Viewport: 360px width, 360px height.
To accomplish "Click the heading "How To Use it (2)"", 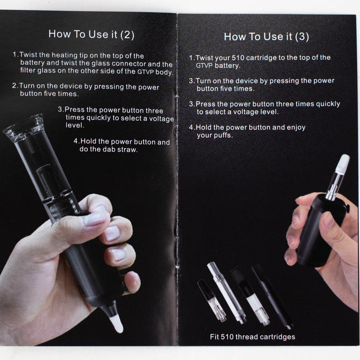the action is point(92,34).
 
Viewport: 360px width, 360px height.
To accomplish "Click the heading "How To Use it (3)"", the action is point(266,37).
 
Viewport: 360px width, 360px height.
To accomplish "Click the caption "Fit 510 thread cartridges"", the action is point(253,337).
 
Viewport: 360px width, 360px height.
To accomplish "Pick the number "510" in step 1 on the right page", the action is point(238,58).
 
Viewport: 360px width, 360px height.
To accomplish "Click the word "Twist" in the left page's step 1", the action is point(28,55).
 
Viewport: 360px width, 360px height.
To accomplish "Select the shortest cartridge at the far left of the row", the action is point(211,300).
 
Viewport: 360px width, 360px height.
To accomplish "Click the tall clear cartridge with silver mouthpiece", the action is point(226,293).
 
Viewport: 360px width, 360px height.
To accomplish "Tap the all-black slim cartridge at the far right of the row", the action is point(272,297).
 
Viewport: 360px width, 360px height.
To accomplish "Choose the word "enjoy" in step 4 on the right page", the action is point(296,128).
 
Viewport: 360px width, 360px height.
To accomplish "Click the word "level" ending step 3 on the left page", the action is point(75,125).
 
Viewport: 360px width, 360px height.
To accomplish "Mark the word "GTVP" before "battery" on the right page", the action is point(204,66).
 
